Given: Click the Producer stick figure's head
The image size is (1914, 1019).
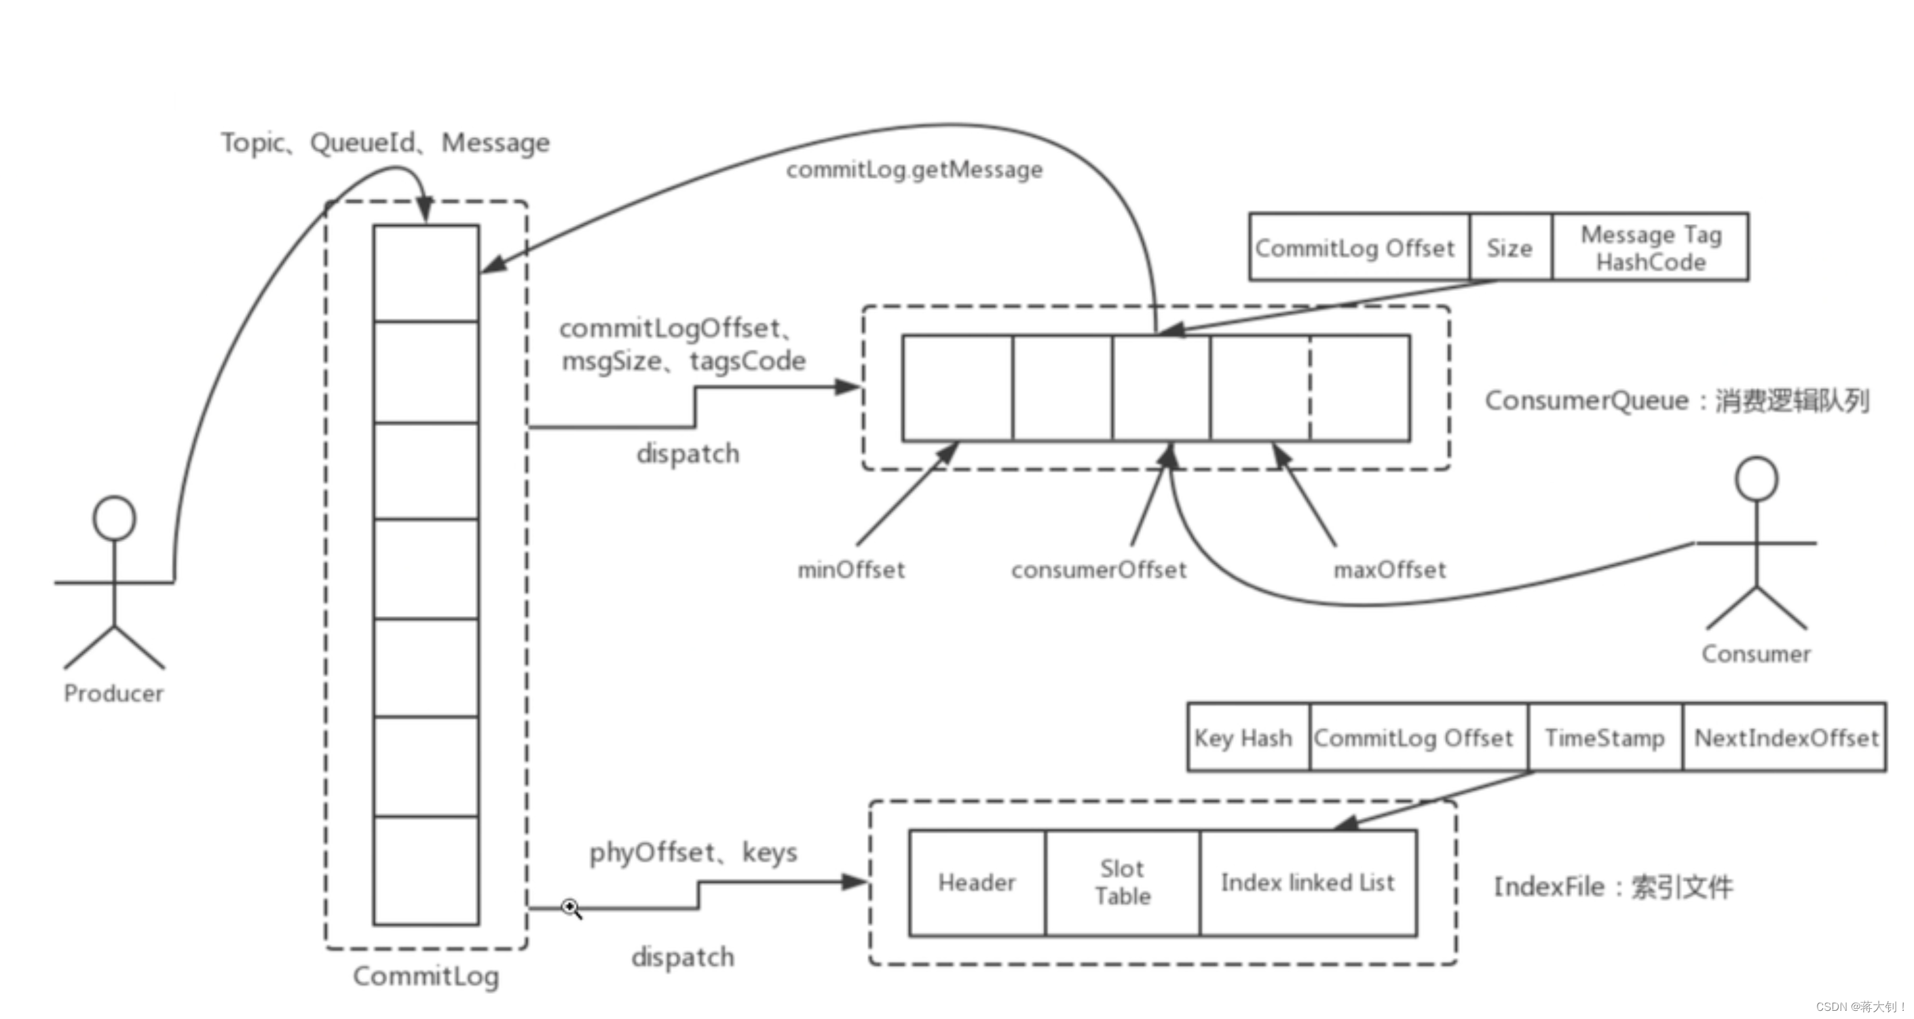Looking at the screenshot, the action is [115, 518].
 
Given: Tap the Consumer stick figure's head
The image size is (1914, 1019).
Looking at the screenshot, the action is [1757, 479].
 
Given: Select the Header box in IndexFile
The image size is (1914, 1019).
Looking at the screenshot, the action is [977, 883].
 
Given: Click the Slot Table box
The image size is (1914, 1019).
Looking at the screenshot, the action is [1123, 883].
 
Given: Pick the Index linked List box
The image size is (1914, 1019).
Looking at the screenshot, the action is [1309, 883].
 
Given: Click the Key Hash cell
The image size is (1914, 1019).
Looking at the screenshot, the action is [1249, 737].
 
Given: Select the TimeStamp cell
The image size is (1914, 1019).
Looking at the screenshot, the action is [1606, 737].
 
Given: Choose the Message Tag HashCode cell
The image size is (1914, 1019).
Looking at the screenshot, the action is [1650, 248].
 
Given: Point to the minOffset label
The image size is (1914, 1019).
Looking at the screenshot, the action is [852, 570].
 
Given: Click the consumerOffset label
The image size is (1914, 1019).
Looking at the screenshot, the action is [1099, 570].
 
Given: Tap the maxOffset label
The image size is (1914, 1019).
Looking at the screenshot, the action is [1390, 570].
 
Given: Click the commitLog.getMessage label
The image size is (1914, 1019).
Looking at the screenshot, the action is [915, 170].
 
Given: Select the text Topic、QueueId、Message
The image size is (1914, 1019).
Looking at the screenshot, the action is [386, 142].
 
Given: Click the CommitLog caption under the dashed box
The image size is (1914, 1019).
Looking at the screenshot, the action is [426, 976].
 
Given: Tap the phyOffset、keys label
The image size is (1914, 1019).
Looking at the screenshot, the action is [693, 853].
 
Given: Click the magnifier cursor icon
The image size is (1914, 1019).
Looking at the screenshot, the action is [571, 908].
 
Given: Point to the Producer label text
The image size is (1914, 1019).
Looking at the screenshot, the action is [113, 693].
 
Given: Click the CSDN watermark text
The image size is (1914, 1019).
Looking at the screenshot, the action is [1860, 1006].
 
